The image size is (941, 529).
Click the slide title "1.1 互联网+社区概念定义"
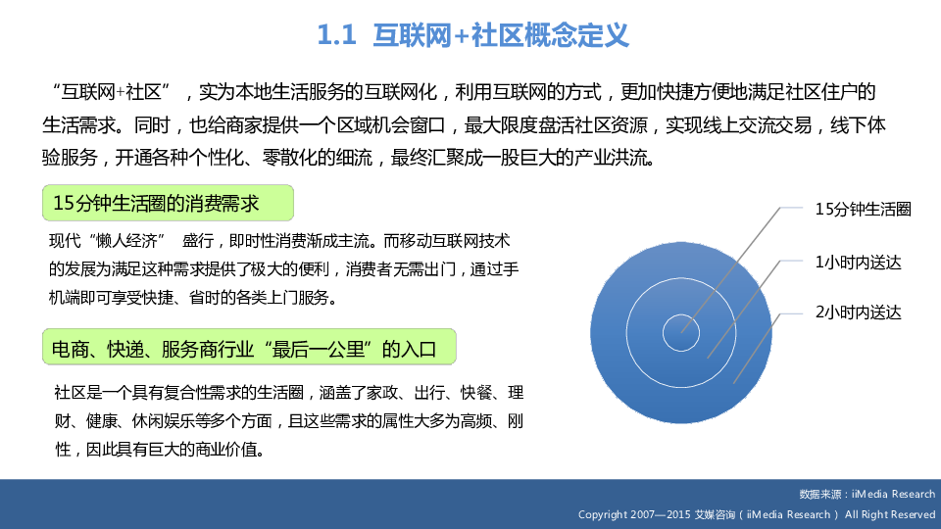click(472, 35)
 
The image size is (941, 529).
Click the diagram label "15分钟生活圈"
click(863, 210)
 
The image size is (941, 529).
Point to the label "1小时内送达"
click(859, 263)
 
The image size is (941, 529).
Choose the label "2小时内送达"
click(859, 313)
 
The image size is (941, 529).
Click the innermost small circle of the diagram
click(681, 314)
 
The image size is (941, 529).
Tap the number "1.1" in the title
click(336, 35)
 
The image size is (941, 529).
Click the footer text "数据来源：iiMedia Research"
click(867, 494)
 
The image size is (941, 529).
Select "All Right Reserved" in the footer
click(890, 514)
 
